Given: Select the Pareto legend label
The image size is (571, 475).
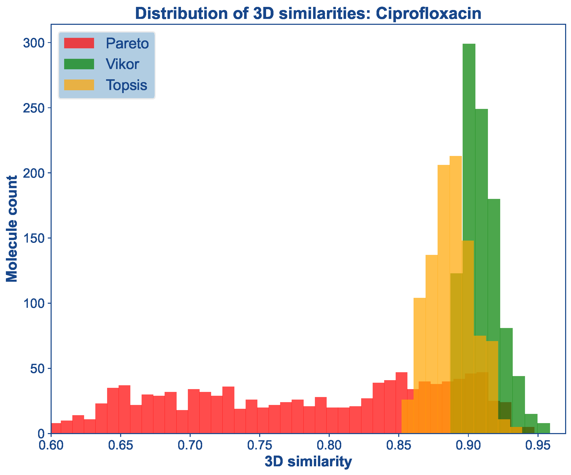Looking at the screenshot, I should (x=127, y=43).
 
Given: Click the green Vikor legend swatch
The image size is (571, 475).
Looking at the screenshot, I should (x=79, y=64).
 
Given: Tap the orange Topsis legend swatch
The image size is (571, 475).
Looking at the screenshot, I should (x=79, y=85).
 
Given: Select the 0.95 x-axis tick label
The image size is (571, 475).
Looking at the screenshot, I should (x=537, y=445).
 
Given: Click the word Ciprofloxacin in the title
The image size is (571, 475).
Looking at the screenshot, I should (x=429, y=14).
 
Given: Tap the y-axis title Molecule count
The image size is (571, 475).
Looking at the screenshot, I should (x=12, y=229).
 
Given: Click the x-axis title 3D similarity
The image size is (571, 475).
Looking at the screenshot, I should (x=308, y=461).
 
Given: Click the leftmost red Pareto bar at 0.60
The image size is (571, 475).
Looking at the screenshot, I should (x=56, y=428).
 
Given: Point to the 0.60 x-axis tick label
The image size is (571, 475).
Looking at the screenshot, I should (x=51, y=445).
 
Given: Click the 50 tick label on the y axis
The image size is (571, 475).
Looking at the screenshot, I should (x=37, y=369).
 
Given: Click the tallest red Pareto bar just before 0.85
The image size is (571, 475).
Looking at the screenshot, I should (x=401, y=402).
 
